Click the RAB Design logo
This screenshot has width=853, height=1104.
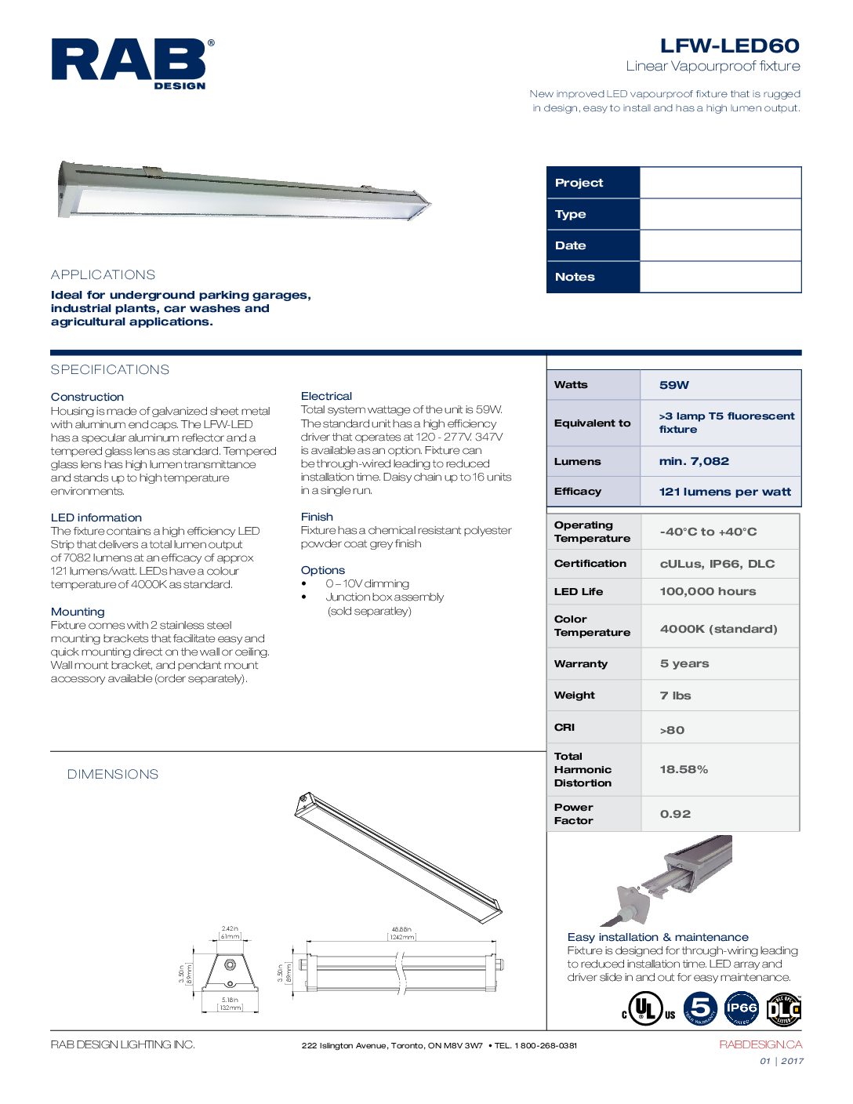click(x=132, y=64)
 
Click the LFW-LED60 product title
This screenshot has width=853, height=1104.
click(x=729, y=45)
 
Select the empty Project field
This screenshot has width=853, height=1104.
click(x=720, y=183)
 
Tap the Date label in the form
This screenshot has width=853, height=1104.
click(x=571, y=245)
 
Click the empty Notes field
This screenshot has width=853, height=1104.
click(x=720, y=277)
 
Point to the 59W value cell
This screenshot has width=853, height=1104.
click(x=674, y=385)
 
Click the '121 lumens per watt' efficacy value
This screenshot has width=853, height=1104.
click(x=724, y=492)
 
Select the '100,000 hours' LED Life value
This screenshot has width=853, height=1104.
click(x=707, y=591)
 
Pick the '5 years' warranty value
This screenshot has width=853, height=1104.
click(x=684, y=663)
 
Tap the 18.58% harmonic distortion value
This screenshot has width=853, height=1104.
click(x=684, y=769)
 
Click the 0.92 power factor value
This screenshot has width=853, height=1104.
click(x=675, y=814)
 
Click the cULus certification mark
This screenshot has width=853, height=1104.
click(x=648, y=1009)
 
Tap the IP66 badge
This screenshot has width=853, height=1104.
click(x=741, y=1009)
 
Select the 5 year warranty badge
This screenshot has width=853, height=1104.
click(x=700, y=1009)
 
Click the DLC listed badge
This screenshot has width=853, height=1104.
click(x=783, y=1009)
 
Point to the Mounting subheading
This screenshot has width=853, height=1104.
click(x=78, y=612)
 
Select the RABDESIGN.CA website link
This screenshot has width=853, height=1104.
click(x=760, y=1044)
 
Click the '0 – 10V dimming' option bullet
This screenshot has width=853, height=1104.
click(x=367, y=583)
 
